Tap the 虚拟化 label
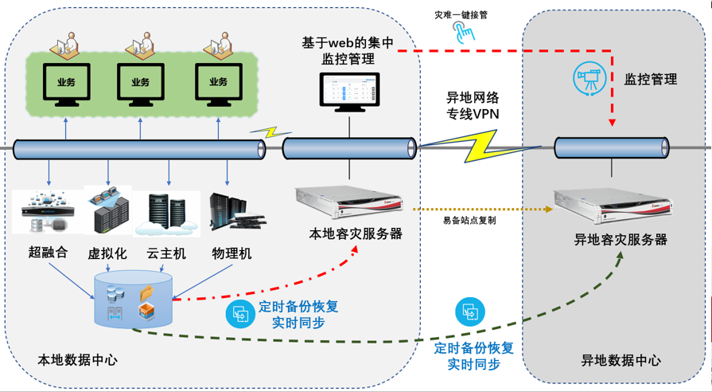tap(107, 253)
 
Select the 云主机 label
tap(167, 253)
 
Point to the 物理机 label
tap(231, 253)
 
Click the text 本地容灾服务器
tap(355, 233)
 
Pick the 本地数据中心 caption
tap(78, 360)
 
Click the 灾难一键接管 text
tap(461, 15)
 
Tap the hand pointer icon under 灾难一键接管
tap(462, 33)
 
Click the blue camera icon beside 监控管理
tap(589, 77)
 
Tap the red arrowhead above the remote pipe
tap(612, 122)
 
